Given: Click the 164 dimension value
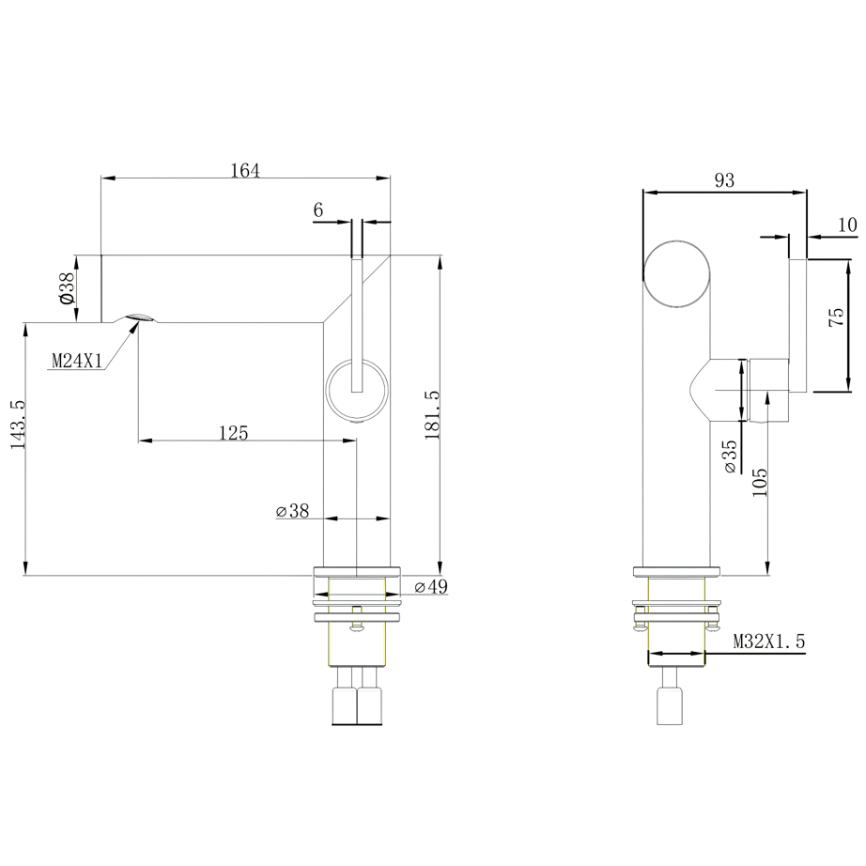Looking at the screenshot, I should pos(244,170).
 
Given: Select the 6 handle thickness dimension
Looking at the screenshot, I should pos(318,211).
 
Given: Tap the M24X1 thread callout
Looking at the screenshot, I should pos(76,361).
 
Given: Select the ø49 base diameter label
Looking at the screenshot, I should pos(430,587).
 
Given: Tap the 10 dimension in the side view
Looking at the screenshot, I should pos(846,224).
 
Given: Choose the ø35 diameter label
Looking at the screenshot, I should pos(731,456).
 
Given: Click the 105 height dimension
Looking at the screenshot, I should pos(759,480).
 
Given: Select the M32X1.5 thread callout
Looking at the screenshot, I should pos(768,642).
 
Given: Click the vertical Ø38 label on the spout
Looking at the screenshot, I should pos(66,287).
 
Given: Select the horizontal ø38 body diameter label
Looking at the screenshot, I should pos(292,511).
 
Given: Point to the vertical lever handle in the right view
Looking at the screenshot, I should pos(797,324).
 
